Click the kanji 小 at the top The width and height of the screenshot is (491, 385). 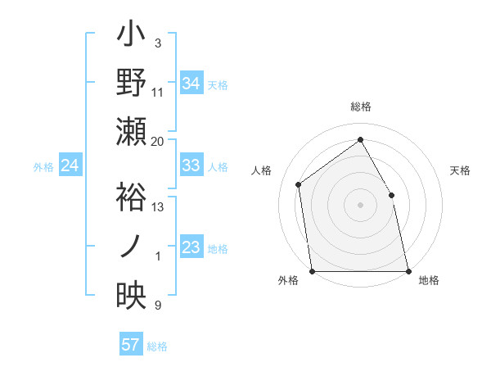[x=132, y=38]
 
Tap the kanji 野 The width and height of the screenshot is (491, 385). [x=132, y=84]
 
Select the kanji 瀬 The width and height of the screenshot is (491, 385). [x=132, y=130]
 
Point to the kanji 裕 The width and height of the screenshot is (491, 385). [x=132, y=197]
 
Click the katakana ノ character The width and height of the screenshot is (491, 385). [x=132, y=247]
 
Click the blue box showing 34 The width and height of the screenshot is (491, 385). [x=191, y=83]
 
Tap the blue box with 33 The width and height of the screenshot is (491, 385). [x=191, y=165]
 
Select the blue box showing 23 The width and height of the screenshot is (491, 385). [x=191, y=247]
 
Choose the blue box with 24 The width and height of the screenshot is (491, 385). [x=70, y=166]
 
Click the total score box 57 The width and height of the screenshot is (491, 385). [x=131, y=345]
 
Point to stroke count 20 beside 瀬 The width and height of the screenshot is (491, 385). [x=158, y=141]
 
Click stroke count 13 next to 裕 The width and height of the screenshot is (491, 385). [x=158, y=207]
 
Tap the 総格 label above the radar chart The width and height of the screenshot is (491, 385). [x=360, y=106]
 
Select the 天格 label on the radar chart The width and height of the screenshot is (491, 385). [x=461, y=170]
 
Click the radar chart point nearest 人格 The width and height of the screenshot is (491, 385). [x=299, y=184]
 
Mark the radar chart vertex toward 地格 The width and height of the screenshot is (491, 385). [x=408, y=270]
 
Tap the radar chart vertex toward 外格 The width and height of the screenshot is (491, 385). [x=313, y=270]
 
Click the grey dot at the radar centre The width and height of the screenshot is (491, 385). [x=360, y=204]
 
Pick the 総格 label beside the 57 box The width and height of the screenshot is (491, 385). [x=157, y=346]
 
